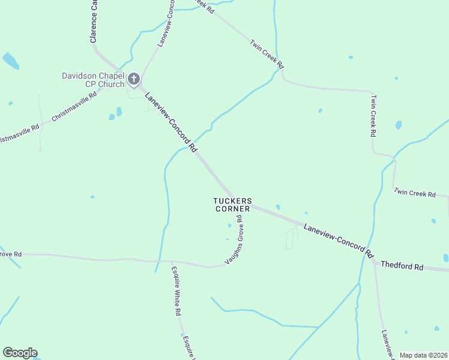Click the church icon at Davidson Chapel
pyautogui.click(x=133, y=79)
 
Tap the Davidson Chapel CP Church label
pyautogui.click(x=93, y=80)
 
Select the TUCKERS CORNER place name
pyautogui.click(x=232, y=205)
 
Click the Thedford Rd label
pyautogui.click(x=402, y=266)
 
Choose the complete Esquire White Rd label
pyautogui.click(x=175, y=291)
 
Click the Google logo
pyautogui.click(x=20, y=353)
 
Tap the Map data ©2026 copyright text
pyautogui.click(x=423, y=355)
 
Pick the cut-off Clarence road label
pyautogui.click(x=94, y=22)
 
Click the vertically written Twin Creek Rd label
pyautogui.click(x=373, y=115)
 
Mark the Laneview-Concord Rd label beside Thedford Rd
pyautogui.click(x=339, y=238)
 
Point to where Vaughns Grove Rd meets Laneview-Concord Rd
pyautogui.click(x=247, y=206)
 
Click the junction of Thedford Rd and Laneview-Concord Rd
pyautogui.click(x=375, y=262)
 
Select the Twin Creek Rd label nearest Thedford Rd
pyautogui.click(x=414, y=193)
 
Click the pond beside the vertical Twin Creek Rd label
pyautogui.click(x=398, y=125)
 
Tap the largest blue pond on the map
pyautogui.click(x=10, y=60)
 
